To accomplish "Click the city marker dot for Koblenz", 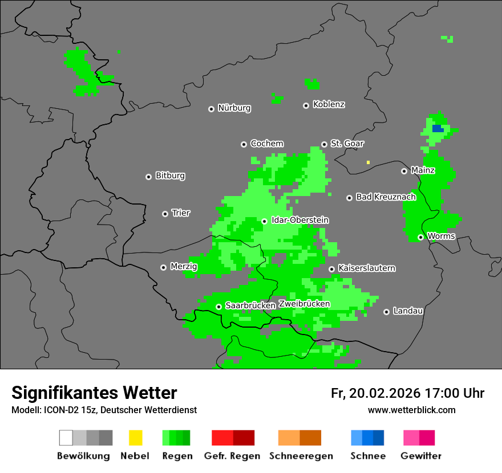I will coord(306,105).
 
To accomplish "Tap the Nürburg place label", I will coord(234,108).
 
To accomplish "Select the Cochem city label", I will coord(267,144).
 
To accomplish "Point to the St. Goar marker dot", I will coord(324,145).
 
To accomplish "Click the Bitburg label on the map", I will coord(170,176).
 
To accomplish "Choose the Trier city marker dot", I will coord(165,214).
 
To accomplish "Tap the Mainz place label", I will coord(423,170).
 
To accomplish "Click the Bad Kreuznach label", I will coord(386,197).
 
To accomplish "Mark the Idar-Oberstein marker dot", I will coord(264,221).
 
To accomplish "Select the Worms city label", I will coord(441,236).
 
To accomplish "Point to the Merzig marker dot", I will coord(163,267).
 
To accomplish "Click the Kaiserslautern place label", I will coord(367,268).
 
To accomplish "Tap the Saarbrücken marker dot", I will coord(218,307).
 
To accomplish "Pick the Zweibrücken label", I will coord(304,304).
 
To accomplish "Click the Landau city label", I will coord(408,311).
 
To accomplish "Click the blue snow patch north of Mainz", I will coord(438,129).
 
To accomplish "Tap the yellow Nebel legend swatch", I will coord(135,438).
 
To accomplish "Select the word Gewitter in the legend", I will coord(421,456).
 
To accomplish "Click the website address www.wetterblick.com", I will coord(411,410).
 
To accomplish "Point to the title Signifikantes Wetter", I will coord(94,393).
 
